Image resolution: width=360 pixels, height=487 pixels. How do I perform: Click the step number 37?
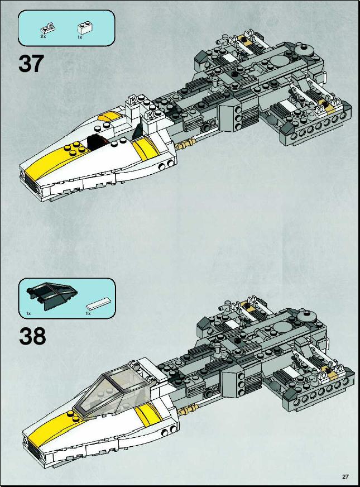coord(31,64)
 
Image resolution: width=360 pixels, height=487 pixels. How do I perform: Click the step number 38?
coord(32,336)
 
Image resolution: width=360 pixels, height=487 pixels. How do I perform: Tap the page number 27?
coord(345,477)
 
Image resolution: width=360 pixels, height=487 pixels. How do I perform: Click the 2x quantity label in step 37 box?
coord(43,36)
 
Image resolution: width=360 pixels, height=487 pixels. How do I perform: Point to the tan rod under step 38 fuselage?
coord(189,409)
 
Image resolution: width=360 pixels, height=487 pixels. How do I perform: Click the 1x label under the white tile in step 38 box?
coord(88,313)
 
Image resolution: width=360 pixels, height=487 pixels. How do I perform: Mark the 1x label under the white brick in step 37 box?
coord(79,37)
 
